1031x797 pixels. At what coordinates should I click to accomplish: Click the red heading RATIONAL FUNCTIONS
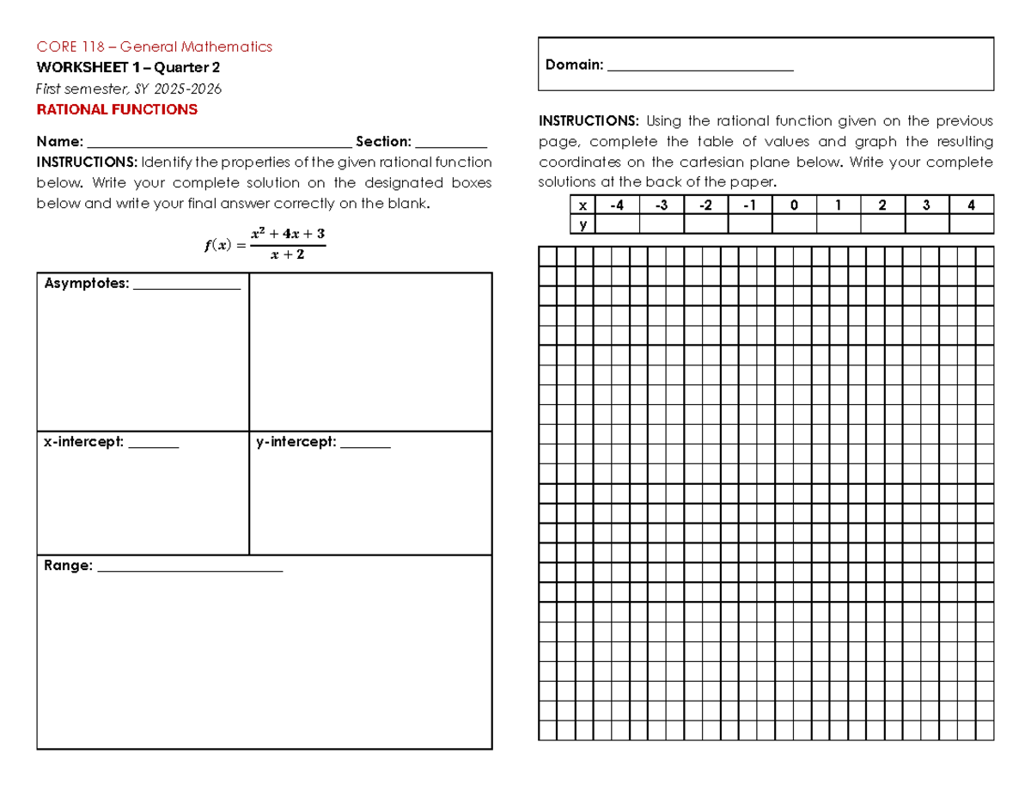click(116, 110)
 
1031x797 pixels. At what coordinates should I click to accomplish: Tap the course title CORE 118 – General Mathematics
click(154, 46)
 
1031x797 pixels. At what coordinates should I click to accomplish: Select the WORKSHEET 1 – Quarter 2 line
click(128, 67)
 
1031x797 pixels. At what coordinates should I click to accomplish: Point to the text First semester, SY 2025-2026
click(128, 89)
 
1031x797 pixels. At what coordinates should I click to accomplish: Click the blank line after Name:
click(219, 143)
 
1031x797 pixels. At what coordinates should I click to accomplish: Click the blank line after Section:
click(451, 143)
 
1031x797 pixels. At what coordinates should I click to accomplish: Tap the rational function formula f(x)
click(265, 243)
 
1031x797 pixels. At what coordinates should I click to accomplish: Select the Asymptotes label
click(86, 284)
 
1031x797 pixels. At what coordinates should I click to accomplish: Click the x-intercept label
click(84, 443)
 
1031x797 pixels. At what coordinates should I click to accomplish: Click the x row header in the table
click(583, 205)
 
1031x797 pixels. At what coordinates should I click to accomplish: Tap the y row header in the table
click(583, 224)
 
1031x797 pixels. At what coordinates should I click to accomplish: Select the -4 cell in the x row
click(617, 205)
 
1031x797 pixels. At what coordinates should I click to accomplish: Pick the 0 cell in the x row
click(794, 205)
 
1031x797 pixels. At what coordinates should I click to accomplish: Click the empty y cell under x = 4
click(971, 224)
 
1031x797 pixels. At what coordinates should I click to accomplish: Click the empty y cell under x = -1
click(750, 224)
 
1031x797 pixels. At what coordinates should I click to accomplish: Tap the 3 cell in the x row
click(926, 205)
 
